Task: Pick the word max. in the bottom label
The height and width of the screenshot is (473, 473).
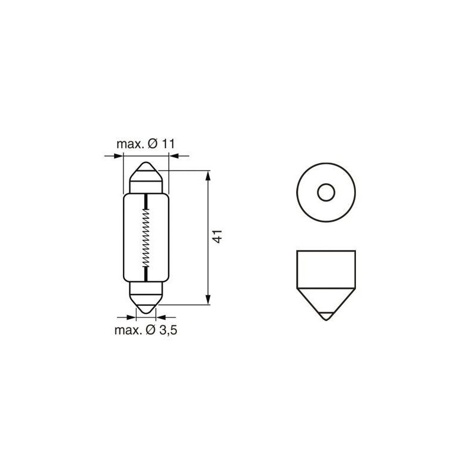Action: point(127,330)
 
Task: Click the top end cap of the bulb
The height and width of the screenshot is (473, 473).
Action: point(145,177)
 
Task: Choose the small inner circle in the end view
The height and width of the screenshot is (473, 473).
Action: point(325,193)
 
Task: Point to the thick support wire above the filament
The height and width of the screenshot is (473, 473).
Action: point(145,201)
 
